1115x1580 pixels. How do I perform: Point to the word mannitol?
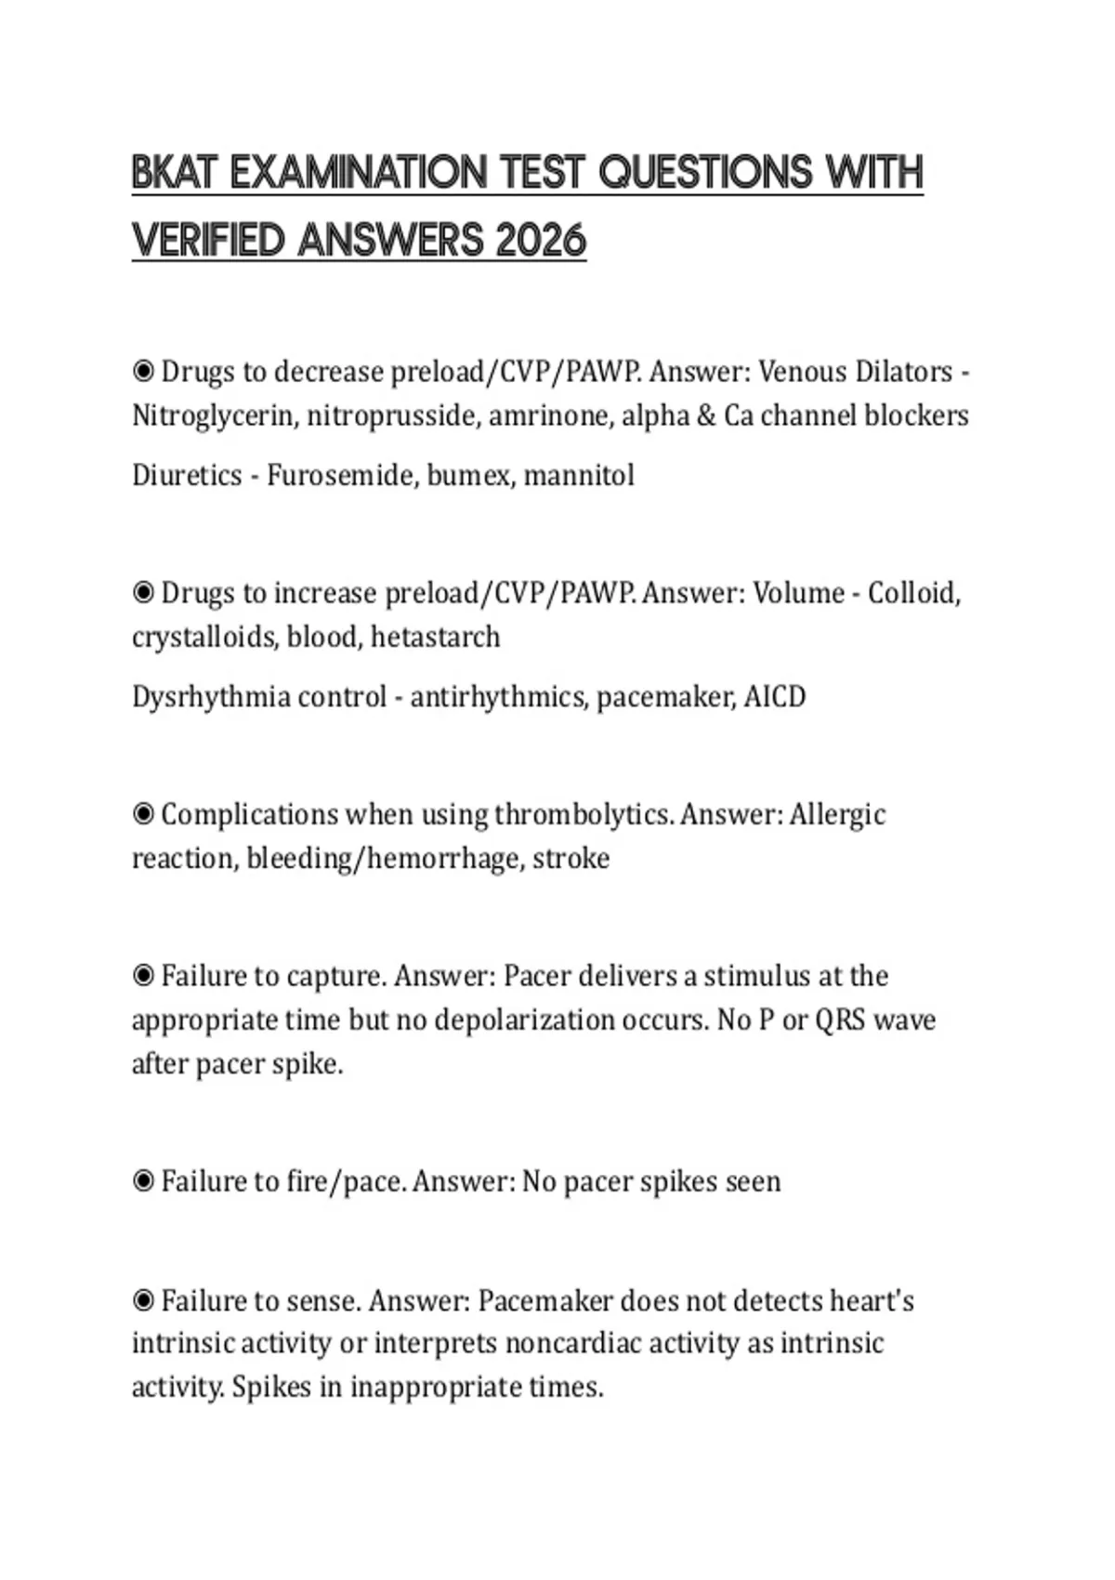pos(579,476)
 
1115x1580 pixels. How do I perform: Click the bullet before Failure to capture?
pos(143,976)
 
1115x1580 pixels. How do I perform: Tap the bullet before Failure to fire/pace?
pos(143,1182)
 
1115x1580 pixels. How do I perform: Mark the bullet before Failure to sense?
pos(143,1301)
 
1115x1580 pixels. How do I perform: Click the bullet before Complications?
pos(143,815)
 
